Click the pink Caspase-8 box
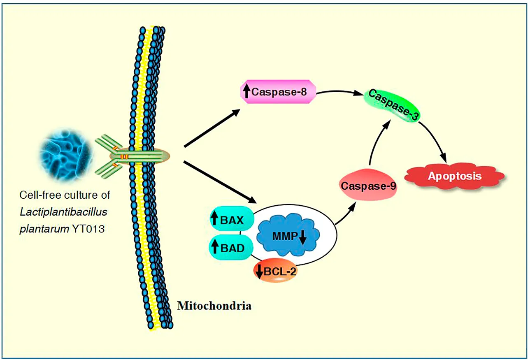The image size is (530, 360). click(278, 91)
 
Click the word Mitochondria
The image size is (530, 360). click(214, 306)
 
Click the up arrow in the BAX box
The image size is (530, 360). click(214, 220)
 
